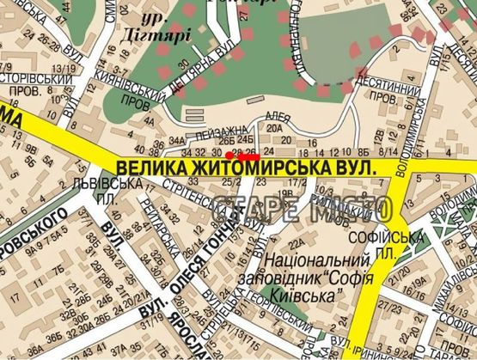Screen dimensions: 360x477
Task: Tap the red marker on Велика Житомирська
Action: point(248,157)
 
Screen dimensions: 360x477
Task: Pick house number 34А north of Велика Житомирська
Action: point(177,139)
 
